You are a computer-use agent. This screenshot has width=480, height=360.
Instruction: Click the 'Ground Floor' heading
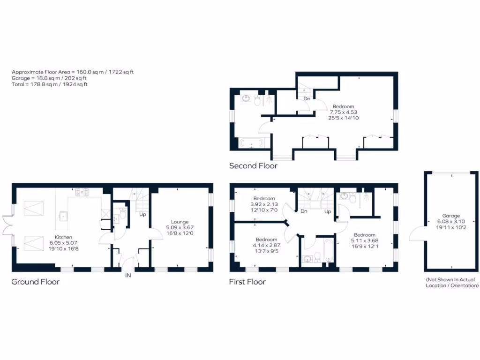(x=36, y=282)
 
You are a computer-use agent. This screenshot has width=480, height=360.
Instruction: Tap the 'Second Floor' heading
(x=253, y=165)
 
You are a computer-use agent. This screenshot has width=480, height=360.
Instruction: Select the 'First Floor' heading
(x=247, y=282)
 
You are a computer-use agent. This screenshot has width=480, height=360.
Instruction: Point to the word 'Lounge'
(x=180, y=222)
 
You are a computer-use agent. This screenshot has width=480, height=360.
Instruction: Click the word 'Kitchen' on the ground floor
(x=64, y=237)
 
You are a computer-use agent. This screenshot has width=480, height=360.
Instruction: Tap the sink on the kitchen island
(x=62, y=216)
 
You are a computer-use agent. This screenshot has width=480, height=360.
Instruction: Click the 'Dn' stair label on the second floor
(x=307, y=99)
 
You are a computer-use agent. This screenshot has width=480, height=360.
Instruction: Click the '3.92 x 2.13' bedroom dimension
(x=265, y=204)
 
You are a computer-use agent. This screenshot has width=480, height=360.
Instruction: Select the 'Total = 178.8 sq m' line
(x=49, y=84)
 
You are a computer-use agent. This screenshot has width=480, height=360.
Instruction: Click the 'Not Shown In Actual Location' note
(x=450, y=282)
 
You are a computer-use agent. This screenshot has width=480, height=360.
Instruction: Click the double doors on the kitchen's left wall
(x=7, y=224)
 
